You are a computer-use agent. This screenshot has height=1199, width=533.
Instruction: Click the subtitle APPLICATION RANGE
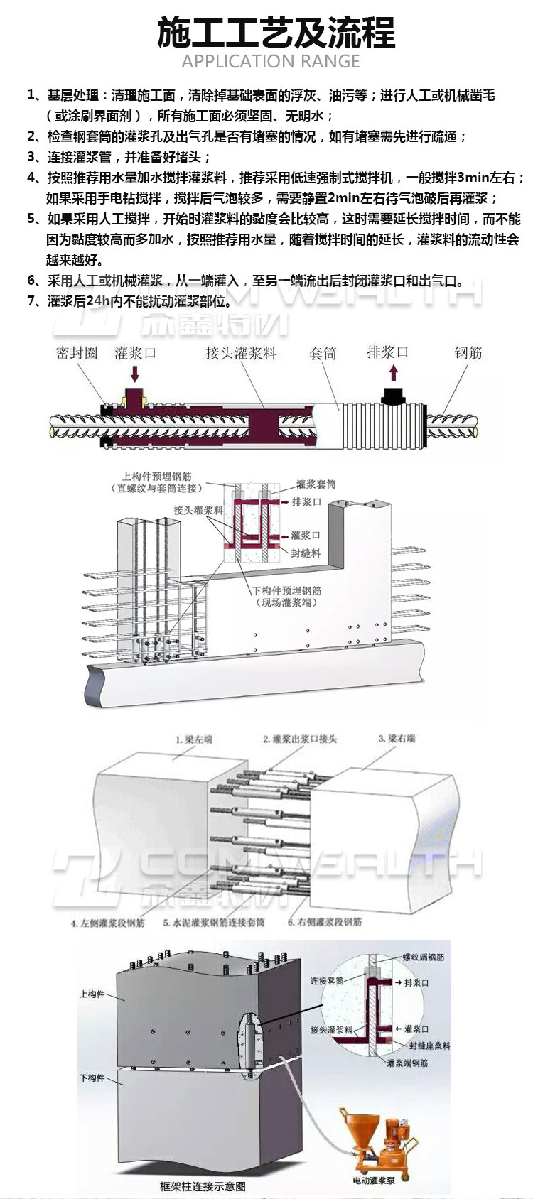(271, 62)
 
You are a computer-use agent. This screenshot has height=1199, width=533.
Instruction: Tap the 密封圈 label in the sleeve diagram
(76, 353)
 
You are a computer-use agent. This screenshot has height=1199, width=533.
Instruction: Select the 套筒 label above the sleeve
(323, 353)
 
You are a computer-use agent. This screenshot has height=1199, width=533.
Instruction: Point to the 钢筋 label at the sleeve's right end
(468, 352)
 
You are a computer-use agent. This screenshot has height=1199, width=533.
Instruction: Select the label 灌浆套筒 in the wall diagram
(316, 484)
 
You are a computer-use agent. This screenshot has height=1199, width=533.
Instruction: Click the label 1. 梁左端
(193, 739)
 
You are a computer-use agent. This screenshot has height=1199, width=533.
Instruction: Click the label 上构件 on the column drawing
(92, 994)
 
